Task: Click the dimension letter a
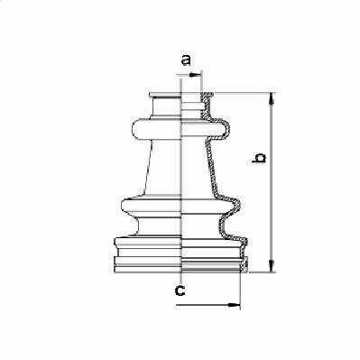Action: [186, 60]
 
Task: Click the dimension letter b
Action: [259, 158]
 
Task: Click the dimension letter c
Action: [180, 291]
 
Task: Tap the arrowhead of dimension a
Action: [196, 74]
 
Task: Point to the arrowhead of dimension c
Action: [235, 305]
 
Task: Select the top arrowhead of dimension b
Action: [272, 98]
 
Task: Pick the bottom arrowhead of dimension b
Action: [272, 266]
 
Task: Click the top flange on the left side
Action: [165, 95]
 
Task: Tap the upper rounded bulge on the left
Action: [157, 129]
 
